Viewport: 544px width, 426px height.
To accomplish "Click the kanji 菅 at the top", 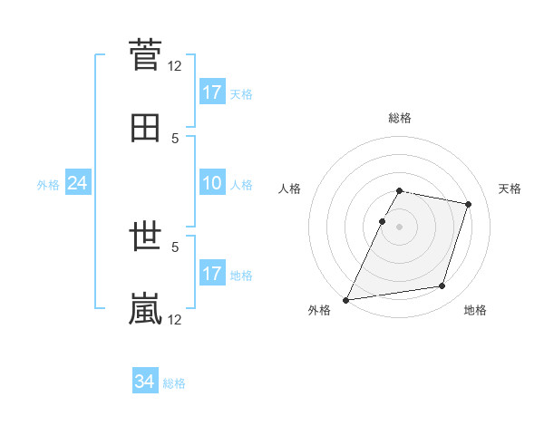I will [x=145, y=56].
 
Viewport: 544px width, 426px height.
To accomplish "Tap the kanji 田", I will [x=145, y=129].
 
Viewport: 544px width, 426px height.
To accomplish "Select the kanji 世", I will [x=145, y=237].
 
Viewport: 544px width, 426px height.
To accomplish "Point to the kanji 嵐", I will [x=145, y=308].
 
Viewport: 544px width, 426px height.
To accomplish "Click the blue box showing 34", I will [x=145, y=382].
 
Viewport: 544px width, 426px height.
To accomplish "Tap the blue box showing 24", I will [x=78, y=184].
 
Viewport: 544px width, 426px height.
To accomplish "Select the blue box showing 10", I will [x=212, y=184].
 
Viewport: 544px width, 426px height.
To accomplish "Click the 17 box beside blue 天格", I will [x=212, y=92].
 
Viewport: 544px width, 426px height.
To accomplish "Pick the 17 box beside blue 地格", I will [x=212, y=274].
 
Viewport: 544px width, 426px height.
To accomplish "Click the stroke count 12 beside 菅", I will [x=175, y=65].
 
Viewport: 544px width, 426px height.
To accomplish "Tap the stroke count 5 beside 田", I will [x=175, y=138].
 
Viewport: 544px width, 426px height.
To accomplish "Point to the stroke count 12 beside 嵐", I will [x=175, y=319].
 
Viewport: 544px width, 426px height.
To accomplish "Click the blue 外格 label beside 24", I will [x=48, y=185].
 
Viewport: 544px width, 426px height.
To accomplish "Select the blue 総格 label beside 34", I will [x=174, y=383].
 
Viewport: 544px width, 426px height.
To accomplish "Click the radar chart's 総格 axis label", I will [x=400, y=118].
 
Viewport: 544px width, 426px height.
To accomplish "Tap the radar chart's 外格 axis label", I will [x=319, y=310].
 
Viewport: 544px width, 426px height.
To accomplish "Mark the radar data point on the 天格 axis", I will [x=469, y=204].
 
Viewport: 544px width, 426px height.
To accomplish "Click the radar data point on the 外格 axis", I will [x=346, y=300].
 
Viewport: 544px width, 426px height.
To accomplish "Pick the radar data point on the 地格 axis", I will [x=442, y=286].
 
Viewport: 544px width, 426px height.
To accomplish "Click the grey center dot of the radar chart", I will [x=400, y=227].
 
